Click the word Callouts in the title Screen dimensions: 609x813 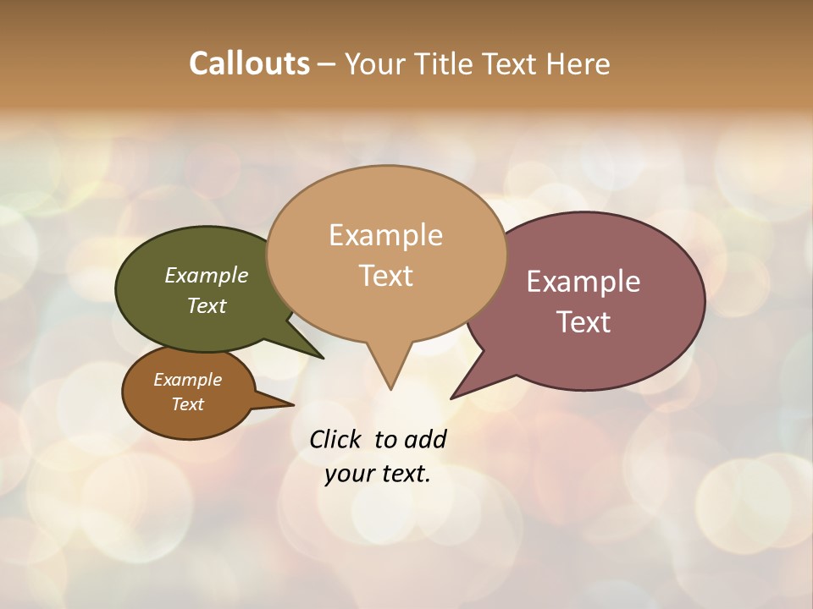coord(249,63)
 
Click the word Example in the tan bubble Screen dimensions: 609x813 coord(385,235)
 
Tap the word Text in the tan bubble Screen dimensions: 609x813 coord(385,276)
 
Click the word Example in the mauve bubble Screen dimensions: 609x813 coord(583,282)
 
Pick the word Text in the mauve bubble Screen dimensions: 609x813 coord(583,322)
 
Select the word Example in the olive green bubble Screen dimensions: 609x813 coord(207,276)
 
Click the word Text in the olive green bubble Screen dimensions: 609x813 coord(207,306)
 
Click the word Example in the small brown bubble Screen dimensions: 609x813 coord(187,380)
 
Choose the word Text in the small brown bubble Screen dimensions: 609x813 coord(187,404)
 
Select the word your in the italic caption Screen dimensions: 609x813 coord(349,474)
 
